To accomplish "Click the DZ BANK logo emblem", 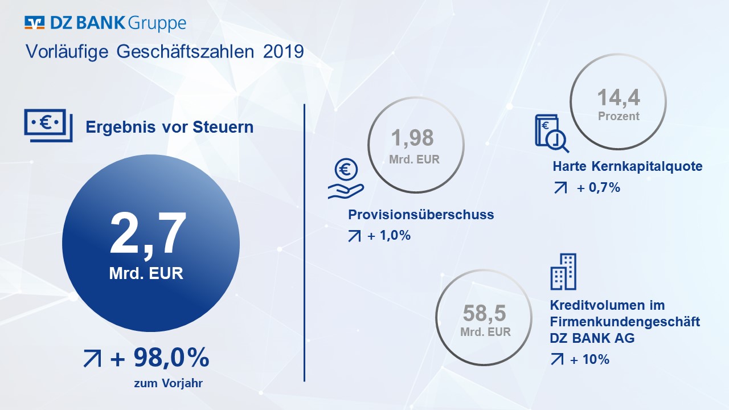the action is (35, 22).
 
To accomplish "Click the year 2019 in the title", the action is (284, 52).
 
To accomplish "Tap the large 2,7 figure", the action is (148, 234).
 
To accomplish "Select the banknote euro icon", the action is (48, 125).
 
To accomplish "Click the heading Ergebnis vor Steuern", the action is (170, 127).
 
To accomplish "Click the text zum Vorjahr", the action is (168, 383).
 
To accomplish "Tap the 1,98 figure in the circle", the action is (412, 138).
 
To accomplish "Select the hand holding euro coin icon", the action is (346, 178).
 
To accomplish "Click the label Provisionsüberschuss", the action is (421, 215).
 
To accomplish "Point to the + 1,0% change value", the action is (389, 235).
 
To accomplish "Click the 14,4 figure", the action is (619, 97).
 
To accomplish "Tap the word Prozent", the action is (619, 116).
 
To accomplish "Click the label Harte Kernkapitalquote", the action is (628, 166).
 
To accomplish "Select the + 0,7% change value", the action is (599, 187).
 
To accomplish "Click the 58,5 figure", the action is (484, 313).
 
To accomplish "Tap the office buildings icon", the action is (563, 272).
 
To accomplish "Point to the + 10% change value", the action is (589, 359).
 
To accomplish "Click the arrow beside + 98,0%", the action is (92, 358).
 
